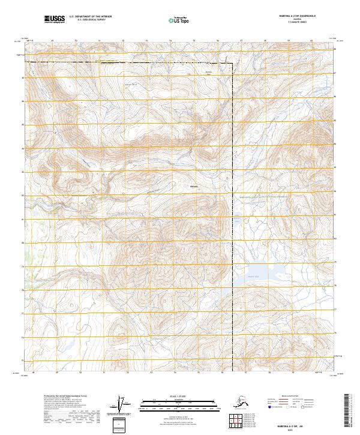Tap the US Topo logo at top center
pos(175,20)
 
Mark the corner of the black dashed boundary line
pos(233,62)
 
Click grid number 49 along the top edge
pos(52,41)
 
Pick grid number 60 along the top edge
pos(311,41)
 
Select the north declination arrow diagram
pos(124,405)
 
